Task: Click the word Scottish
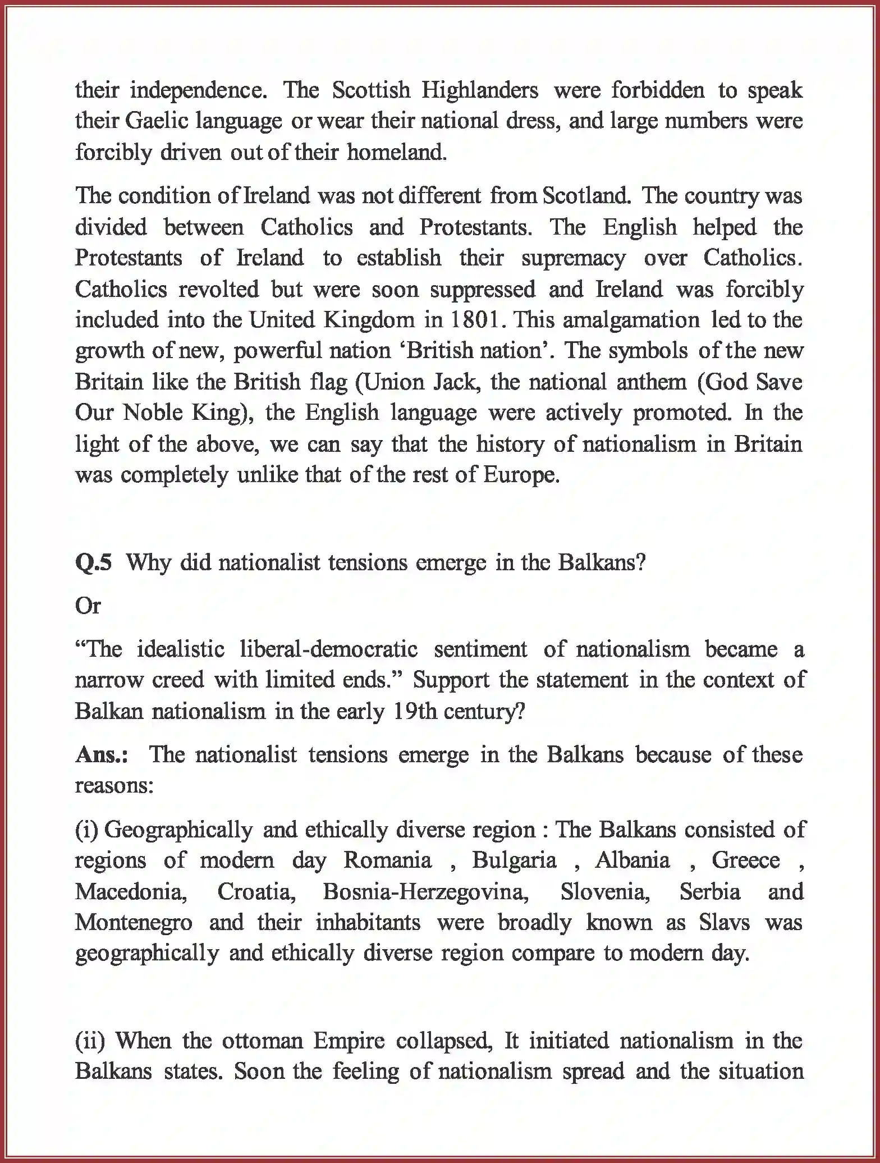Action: pyautogui.click(x=370, y=90)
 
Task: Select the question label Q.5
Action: pyautogui.click(x=93, y=562)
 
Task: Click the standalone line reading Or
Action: pyautogui.click(x=88, y=606)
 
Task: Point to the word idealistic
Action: pyautogui.click(x=181, y=649)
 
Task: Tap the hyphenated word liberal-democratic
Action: pyautogui.click(x=328, y=649)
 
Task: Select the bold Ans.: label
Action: pyautogui.click(x=102, y=755)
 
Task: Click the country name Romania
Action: pyautogui.click(x=388, y=860)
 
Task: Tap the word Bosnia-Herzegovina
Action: pyautogui.click(x=425, y=892)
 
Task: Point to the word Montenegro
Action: pyautogui.click(x=134, y=923)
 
